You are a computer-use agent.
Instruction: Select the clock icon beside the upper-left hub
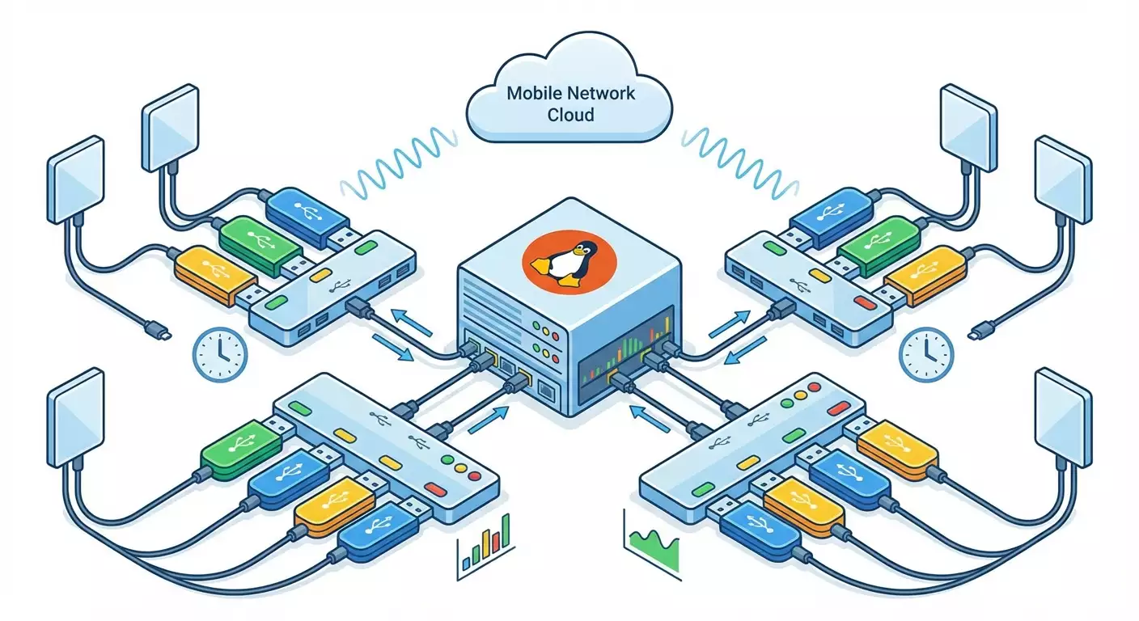[221, 353]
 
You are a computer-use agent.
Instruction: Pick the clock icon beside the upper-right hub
[926, 353]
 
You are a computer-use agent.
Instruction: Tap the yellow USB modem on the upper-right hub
[922, 273]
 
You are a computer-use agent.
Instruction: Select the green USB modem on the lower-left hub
[239, 450]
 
